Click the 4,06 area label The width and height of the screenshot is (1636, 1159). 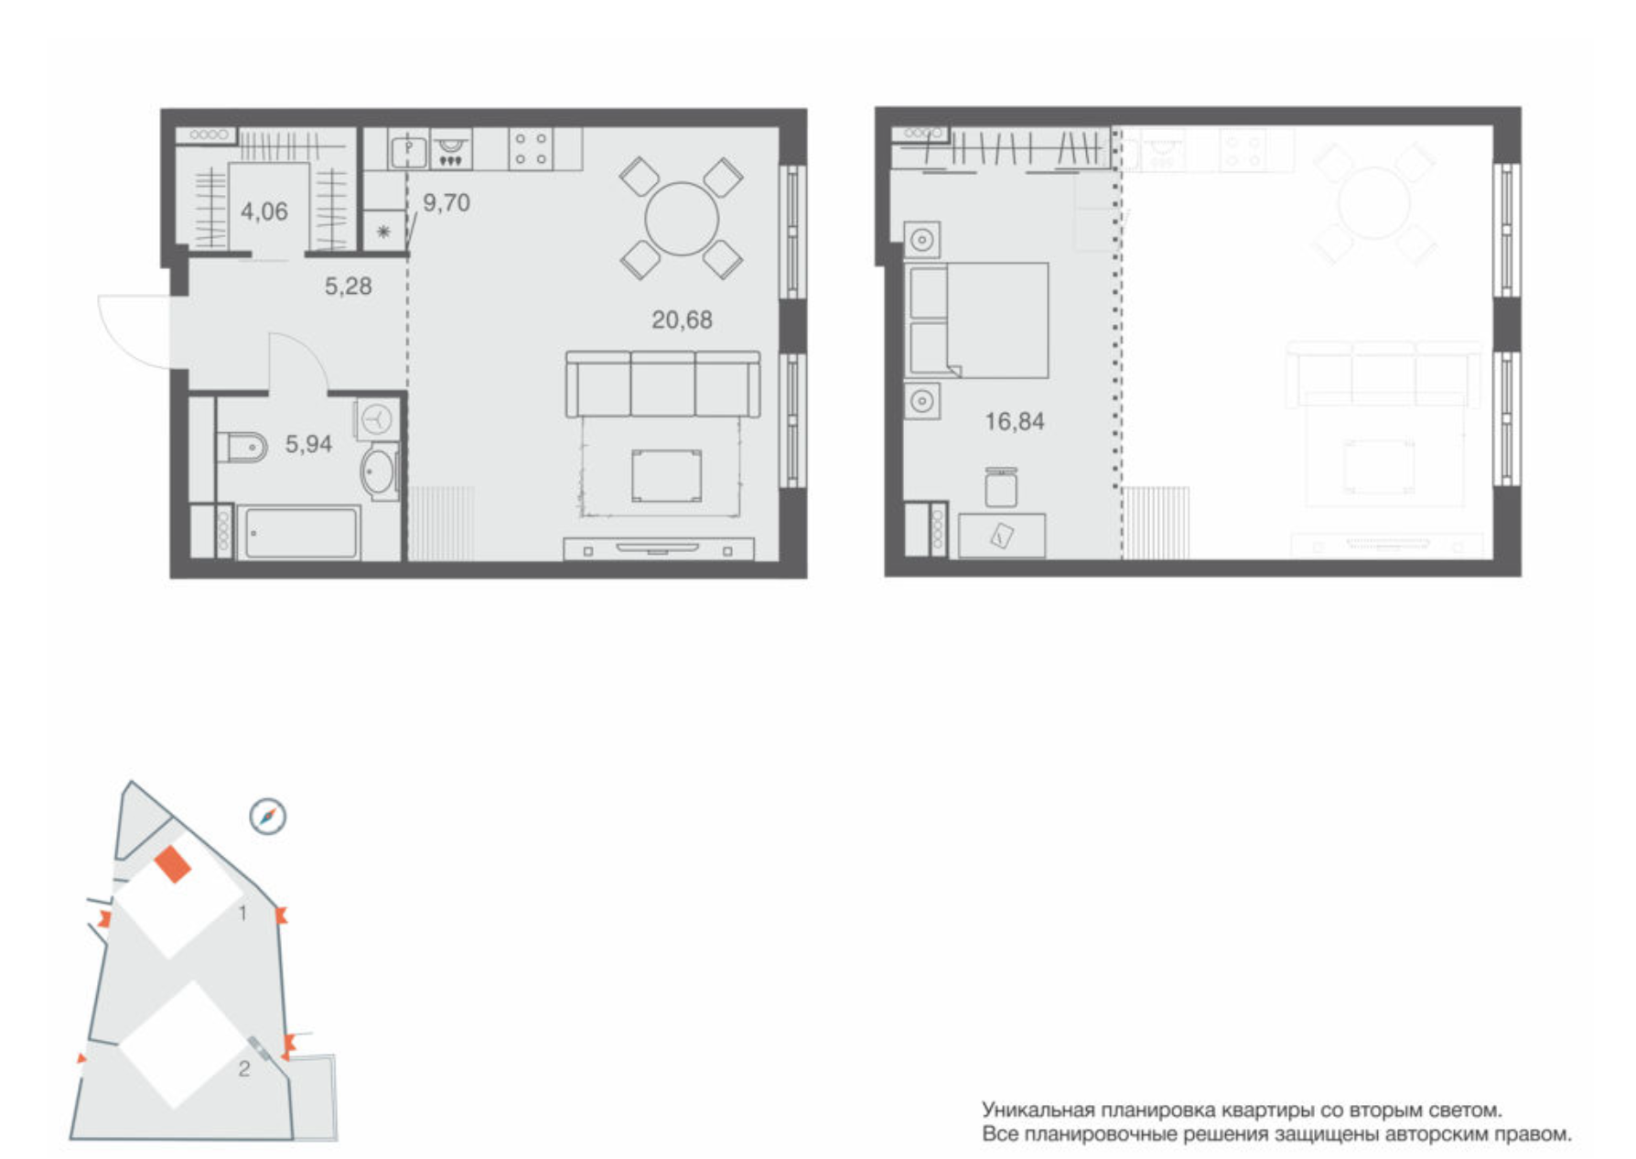[x=264, y=211]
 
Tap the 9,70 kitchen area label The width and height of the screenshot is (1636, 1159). [x=447, y=202]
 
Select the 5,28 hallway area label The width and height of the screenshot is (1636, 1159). [x=349, y=287]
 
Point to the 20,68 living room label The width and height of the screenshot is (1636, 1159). [x=682, y=320]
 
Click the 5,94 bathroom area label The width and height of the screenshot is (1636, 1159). [x=308, y=444]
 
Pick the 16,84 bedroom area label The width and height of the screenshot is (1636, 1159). [x=1015, y=421]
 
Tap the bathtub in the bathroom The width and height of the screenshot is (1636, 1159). [x=298, y=533]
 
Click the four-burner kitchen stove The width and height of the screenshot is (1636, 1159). [x=531, y=149]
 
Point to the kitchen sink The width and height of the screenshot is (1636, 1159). [x=409, y=148]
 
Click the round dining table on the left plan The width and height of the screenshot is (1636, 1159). [x=682, y=219]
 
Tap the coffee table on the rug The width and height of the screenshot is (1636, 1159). [x=667, y=475]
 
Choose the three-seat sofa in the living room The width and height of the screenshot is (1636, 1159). [x=663, y=384]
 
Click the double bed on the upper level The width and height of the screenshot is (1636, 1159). [x=976, y=320]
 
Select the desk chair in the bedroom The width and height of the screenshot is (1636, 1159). [x=1001, y=487]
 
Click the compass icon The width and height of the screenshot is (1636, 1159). [x=268, y=816]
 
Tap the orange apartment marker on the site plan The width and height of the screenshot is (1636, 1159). [x=173, y=864]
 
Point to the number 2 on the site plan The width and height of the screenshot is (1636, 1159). [x=244, y=1068]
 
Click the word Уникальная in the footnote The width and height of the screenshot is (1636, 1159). [x=1039, y=1110]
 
